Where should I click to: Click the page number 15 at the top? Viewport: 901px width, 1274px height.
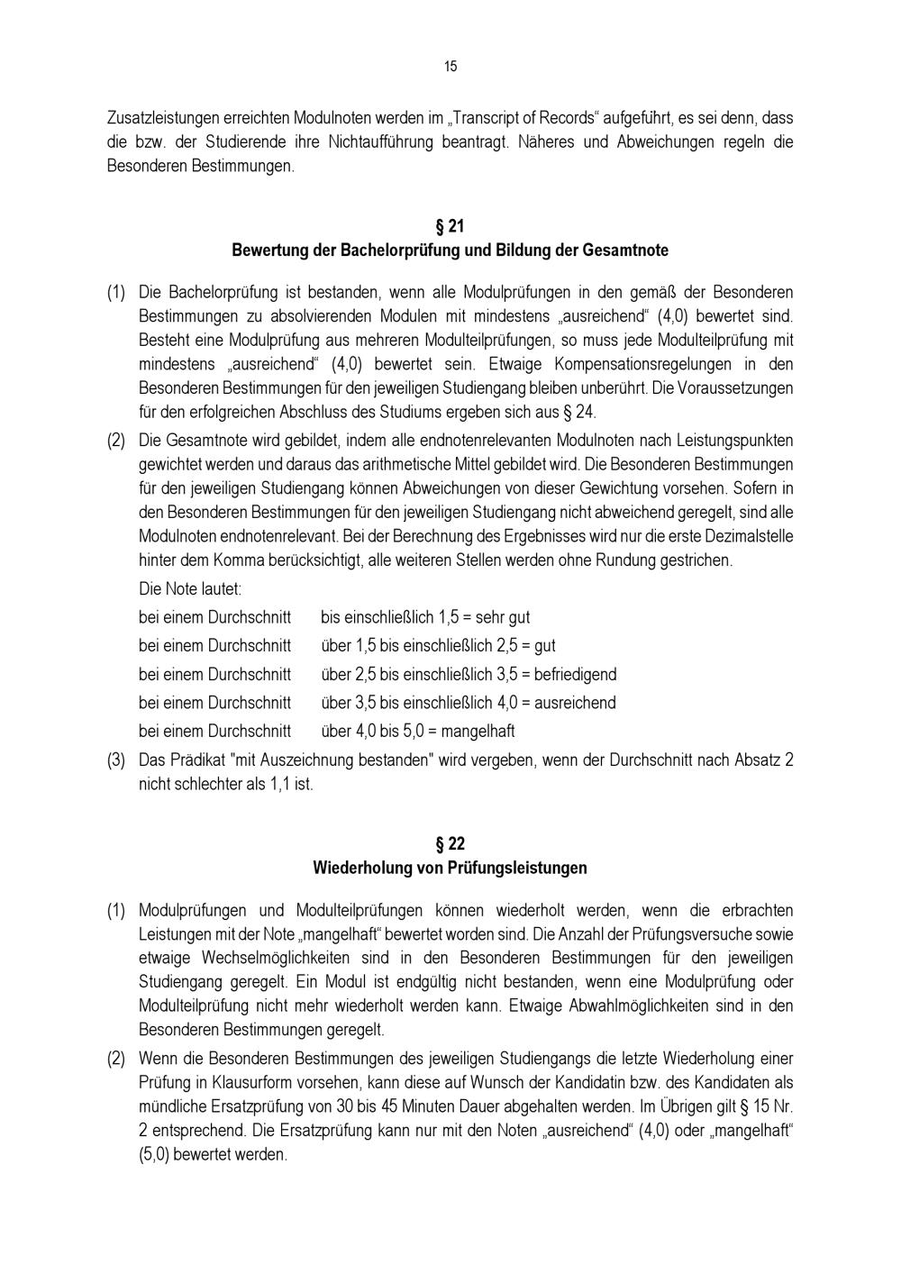coord(450,66)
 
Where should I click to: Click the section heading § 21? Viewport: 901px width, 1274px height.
coord(450,225)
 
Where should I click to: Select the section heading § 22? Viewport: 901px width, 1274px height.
coord(450,844)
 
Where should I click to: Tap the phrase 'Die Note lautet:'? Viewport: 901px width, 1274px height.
coord(190,589)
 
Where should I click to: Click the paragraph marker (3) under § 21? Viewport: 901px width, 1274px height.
coord(116,760)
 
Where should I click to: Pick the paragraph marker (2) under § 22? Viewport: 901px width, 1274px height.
coord(116,1059)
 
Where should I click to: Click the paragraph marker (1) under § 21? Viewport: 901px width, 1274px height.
coord(116,292)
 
